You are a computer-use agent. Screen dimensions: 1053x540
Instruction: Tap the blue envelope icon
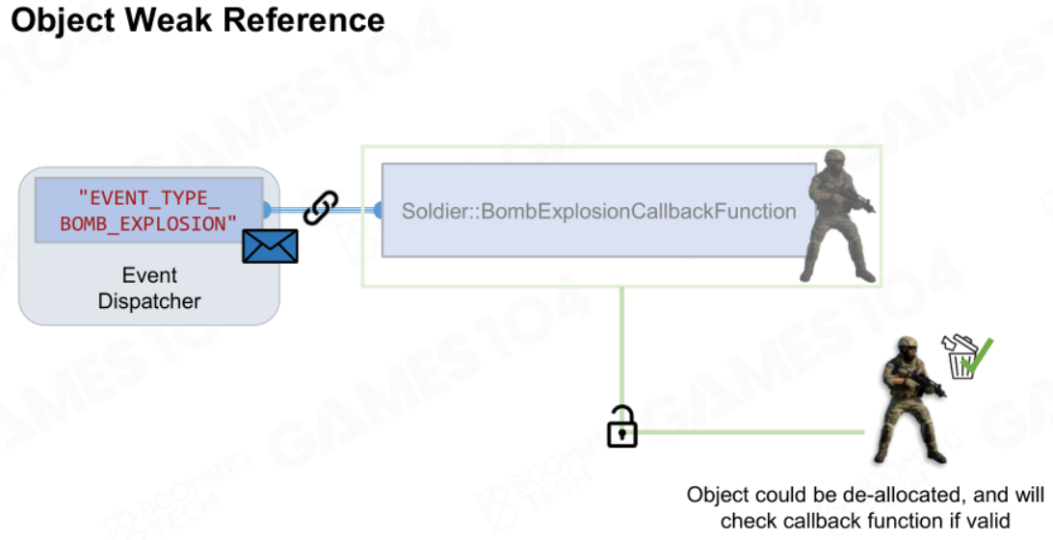[270, 245]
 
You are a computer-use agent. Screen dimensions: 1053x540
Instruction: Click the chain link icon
[321, 207]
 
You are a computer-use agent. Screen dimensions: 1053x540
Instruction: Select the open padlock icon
[621, 426]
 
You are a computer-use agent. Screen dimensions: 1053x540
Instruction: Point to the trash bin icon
[961, 357]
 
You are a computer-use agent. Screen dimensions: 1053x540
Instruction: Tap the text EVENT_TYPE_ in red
[149, 198]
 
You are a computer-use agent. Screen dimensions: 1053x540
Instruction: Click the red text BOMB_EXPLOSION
[148, 223]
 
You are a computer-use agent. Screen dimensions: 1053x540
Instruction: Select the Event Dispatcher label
[149, 288]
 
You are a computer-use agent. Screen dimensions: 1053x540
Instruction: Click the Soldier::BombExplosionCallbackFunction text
[599, 212]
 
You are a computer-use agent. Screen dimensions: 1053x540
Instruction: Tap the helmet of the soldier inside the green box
[834, 156]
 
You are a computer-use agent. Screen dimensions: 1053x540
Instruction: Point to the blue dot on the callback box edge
[379, 210]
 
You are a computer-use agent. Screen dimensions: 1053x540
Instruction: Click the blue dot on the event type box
[267, 210]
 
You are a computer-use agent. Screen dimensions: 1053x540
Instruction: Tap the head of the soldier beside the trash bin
[908, 347]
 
